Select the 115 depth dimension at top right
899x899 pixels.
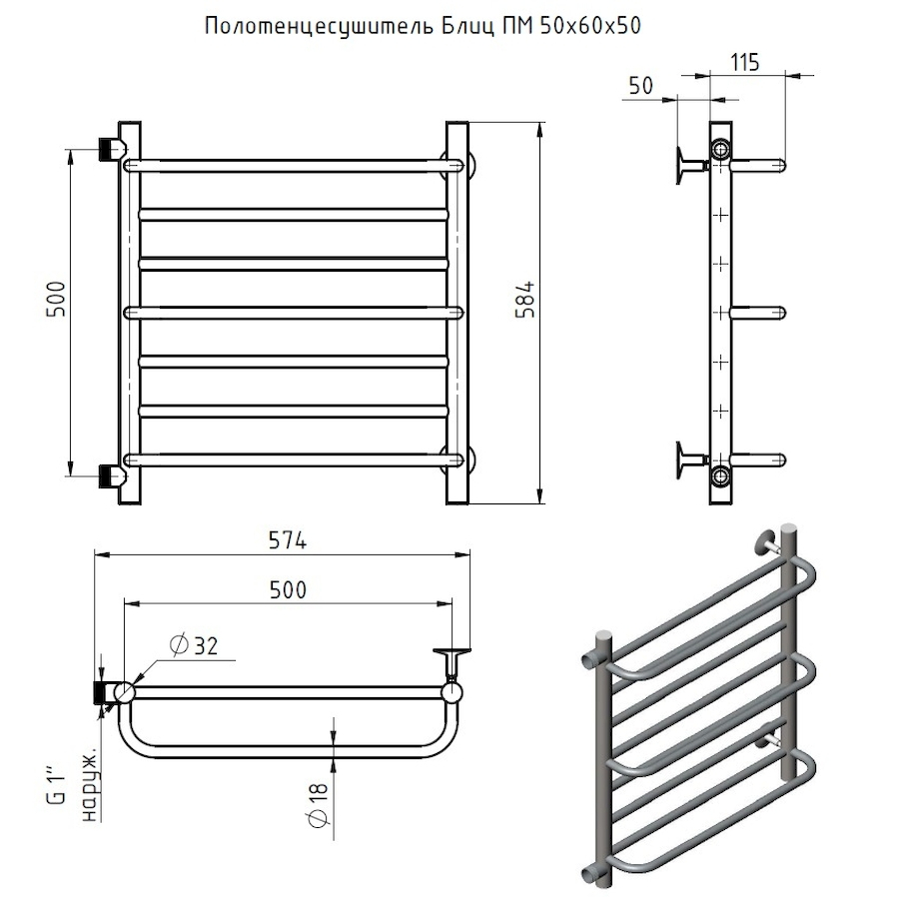coord(746,62)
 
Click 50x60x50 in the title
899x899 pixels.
coord(589,26)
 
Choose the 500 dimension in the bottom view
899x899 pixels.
coord(288,589)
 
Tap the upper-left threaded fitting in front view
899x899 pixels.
coord(111,149)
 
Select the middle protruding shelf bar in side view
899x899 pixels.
coord(758,312)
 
